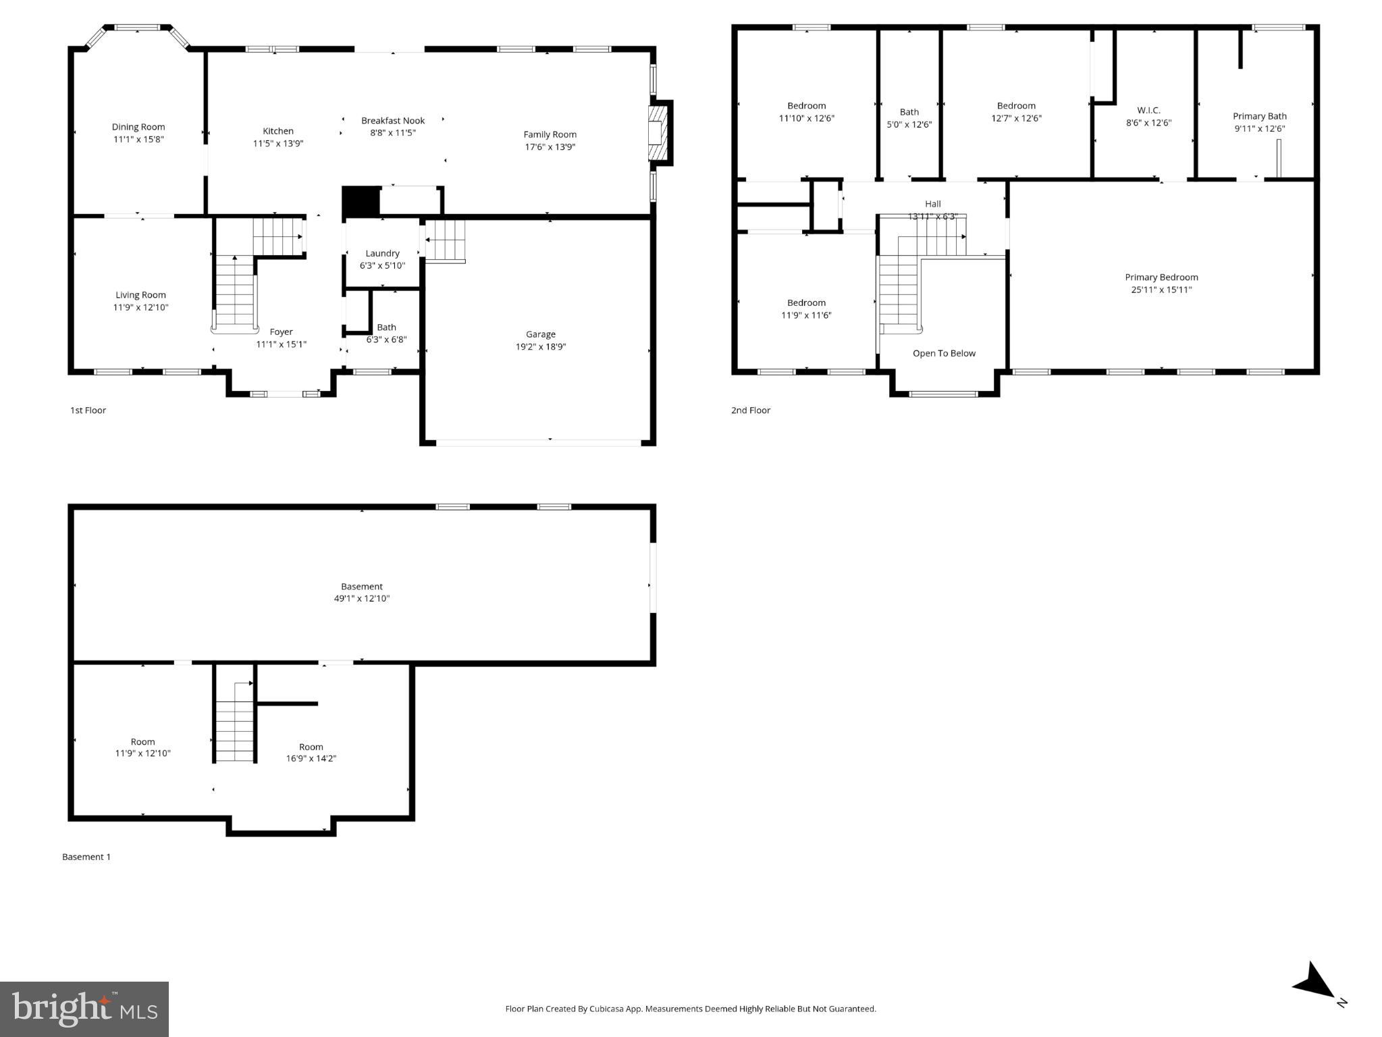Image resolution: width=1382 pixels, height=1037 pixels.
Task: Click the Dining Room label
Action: [x=138, y=127]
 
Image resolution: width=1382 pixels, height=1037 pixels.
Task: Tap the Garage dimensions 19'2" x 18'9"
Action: [x=540, y=347]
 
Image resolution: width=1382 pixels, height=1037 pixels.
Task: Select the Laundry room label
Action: [x=382, y=253]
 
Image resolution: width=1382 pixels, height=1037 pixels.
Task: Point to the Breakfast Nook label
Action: [x=393, y=121]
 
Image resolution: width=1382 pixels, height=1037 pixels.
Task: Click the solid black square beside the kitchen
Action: [x=361, y=201]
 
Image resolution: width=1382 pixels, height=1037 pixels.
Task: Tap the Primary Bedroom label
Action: [x=1161, y=277]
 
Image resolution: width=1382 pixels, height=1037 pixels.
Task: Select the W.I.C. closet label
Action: [x=1148, y=110]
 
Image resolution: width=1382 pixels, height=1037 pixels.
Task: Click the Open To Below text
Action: [x=944, y=353]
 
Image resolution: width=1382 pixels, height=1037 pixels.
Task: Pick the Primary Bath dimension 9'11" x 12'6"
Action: [x=1259, y=129]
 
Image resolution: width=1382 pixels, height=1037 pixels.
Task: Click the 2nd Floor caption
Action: [x=750, y=410]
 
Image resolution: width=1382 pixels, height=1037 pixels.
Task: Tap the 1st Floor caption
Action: [x=88, y=410]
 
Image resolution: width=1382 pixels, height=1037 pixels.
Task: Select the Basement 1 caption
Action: [x=86, y=857]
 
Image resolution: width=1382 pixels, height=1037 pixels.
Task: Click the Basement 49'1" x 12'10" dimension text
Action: [x=362, y=599]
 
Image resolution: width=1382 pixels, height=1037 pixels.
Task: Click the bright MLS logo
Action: [x=84, y=1009]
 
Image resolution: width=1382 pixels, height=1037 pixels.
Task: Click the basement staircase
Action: [x=234, y=729]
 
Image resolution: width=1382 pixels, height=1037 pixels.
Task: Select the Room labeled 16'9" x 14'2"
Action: [x=311, y=747]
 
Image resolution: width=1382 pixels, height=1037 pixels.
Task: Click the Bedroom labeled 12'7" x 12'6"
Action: [x=1016, y=106]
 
